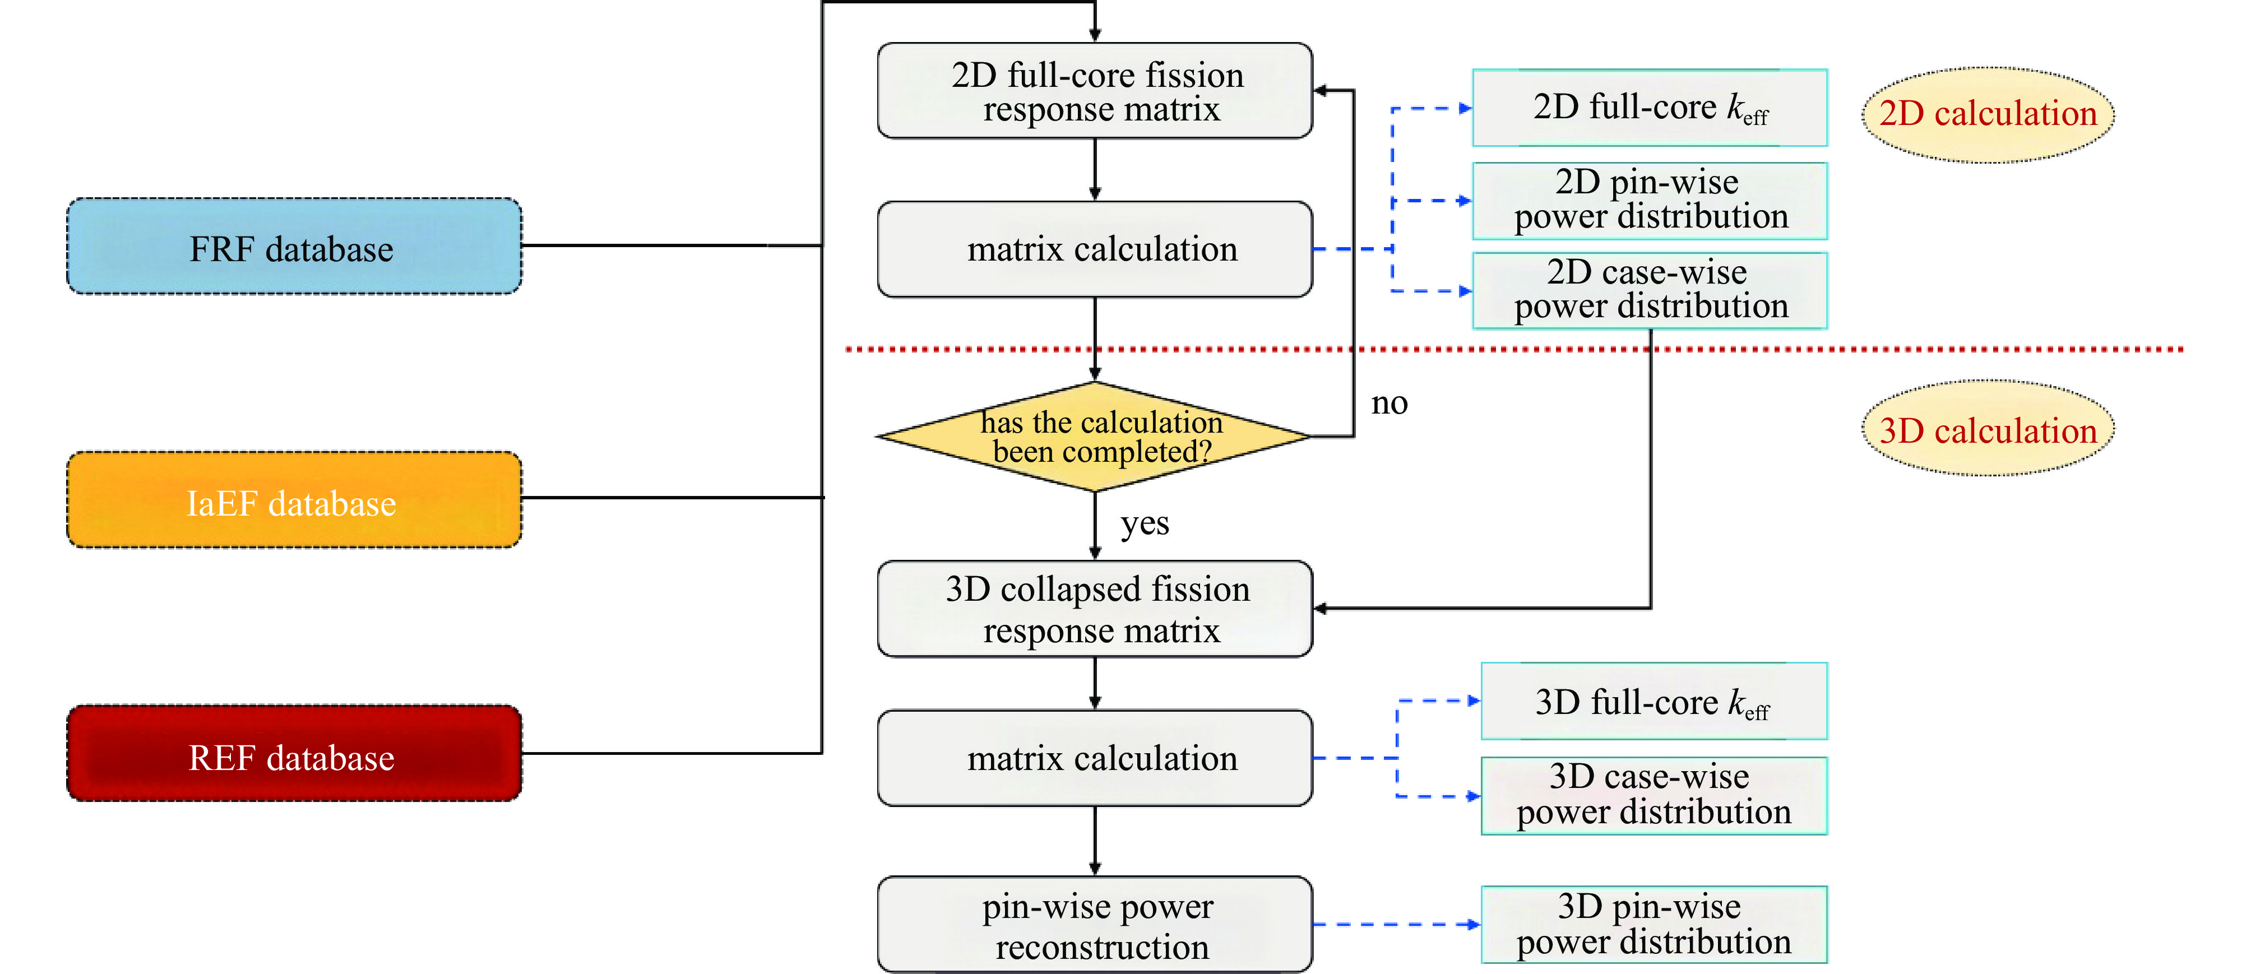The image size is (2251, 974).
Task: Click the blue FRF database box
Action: pos(294,247)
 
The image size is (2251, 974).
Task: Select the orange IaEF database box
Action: pos(294,500)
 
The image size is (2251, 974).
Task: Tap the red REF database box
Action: pos(294,754)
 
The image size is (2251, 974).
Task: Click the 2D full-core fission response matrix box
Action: pos(1095,91)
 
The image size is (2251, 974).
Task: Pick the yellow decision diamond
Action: pos(1095,436)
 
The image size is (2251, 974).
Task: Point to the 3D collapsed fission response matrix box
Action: pos(1095,609)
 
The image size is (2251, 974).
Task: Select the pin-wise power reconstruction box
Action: pos(1095,925)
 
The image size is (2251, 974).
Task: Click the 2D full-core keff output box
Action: pos(1650,108)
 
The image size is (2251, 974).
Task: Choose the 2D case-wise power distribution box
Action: pos(1650,291)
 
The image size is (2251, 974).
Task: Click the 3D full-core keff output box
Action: pos(1653,702)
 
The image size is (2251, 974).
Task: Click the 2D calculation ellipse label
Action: pos(1988,114)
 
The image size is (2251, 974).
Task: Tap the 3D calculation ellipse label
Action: pos(1988,429)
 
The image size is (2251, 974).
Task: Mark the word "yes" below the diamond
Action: pos(1145,523)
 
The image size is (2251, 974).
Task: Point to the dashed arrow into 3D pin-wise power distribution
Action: pos(1396,924)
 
